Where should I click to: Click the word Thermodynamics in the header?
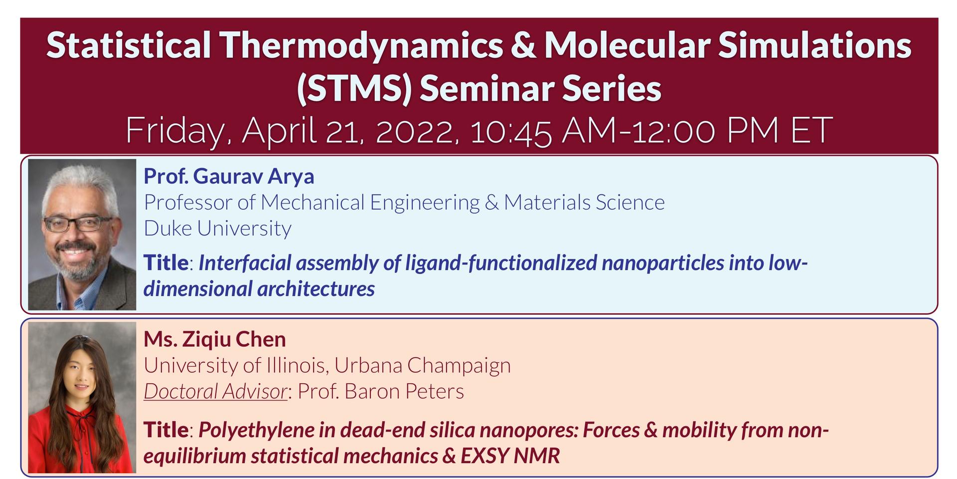(362, 45)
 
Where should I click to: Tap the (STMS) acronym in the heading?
(353, 88)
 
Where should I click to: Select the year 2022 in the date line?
(417, 130)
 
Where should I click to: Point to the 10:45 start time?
(510, 130)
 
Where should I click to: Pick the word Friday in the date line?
(178, 131)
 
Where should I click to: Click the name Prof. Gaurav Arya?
(229, 176)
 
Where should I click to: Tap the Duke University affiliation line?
(217, 228)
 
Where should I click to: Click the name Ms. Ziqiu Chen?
(215, 339)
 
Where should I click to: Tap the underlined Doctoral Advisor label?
(216, 391)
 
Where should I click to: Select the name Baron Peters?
(404, 391)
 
